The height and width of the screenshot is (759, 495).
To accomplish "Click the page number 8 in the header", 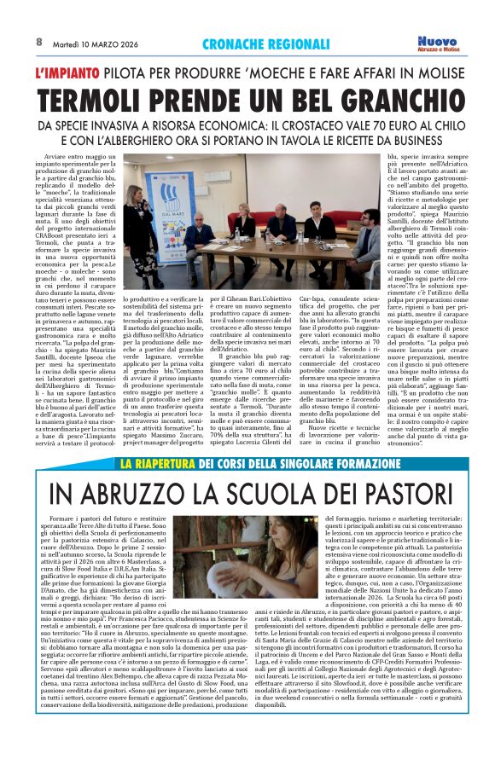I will (39, 42).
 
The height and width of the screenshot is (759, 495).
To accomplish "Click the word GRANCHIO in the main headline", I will (386, 98).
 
